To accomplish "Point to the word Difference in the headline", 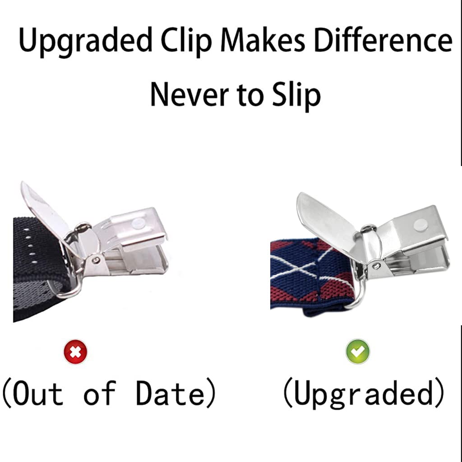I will [383, 41].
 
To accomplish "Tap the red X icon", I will [75, 352].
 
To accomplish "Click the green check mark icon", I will [358, 351].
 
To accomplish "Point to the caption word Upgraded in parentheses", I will [364, 394].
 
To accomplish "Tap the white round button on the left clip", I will [138, 223].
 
